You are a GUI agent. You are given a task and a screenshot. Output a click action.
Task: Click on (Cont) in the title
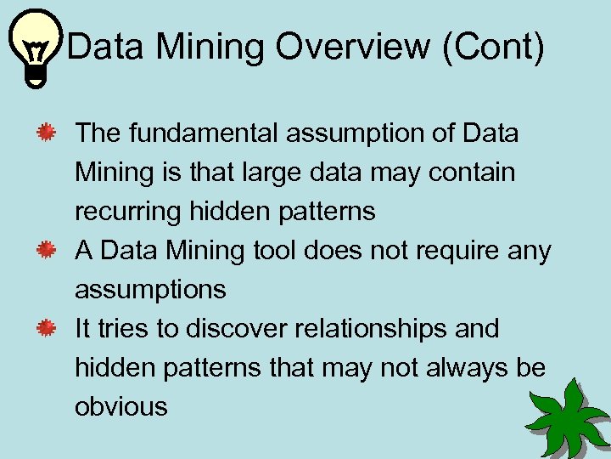tap(491, 47)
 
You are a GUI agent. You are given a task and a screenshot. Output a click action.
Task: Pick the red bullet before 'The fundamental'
tap(46, 133)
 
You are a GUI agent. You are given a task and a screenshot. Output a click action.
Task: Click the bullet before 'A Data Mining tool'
tap(46, 250)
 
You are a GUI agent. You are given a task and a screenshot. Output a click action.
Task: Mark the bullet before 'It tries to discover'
tap(46, 328)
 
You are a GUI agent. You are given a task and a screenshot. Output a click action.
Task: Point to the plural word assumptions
tap(150, 290)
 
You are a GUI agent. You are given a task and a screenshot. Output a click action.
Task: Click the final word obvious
tap(121, 407)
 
